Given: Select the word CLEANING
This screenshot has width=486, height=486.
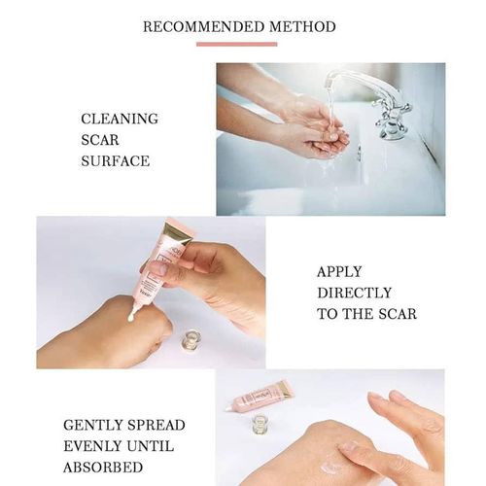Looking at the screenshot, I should (120, 119).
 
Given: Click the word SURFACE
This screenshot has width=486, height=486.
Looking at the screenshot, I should (116, 160).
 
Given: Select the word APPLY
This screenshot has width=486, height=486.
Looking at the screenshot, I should (340, 271).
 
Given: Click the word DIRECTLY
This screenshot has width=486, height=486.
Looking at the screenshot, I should (354, 293).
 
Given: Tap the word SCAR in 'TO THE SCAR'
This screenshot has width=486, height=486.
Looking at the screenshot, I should (397, 314).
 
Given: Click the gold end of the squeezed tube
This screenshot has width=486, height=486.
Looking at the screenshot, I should (178, 234).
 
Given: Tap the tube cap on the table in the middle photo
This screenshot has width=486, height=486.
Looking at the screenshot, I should (191, 340).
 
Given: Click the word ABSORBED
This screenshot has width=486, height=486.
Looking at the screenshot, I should (104, 468).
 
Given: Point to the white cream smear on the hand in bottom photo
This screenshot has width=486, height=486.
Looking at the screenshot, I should (335, 463).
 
